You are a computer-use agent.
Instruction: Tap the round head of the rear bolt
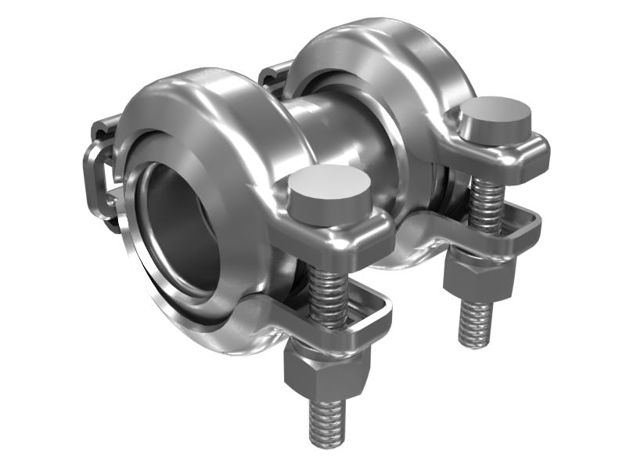click(x=494, y=116)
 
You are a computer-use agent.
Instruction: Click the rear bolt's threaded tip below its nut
click(x=476, y=321)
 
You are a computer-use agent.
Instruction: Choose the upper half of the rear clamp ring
click(x=368, y=47)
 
